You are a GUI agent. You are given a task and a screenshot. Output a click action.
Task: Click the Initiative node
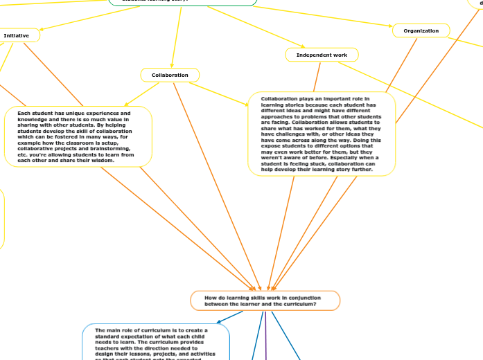17,35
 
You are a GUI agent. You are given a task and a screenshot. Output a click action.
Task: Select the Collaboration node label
170,75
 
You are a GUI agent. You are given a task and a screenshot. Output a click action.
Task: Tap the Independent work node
322,55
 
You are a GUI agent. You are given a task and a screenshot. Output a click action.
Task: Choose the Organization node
421,31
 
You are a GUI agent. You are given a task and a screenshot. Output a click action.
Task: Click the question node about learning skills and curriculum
265,300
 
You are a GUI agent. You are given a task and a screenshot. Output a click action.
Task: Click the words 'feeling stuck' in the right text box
291,163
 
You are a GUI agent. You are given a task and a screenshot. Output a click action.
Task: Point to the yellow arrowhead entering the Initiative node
42,30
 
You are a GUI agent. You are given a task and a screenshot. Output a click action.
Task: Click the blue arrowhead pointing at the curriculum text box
219,322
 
